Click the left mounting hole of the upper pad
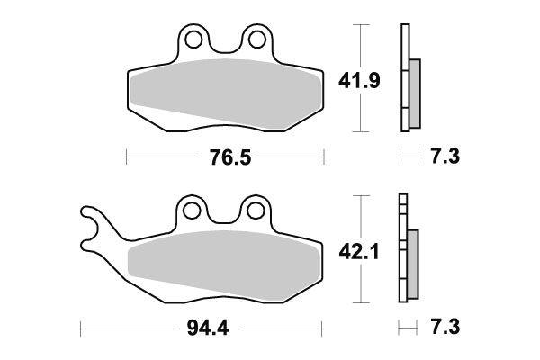[192, 40]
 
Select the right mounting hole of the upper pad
[256, 40]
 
